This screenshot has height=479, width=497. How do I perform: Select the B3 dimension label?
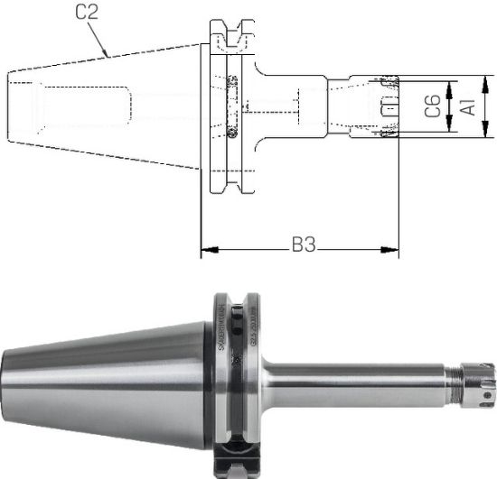pos(303,245)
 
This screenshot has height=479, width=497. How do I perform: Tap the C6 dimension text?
pos(433,107)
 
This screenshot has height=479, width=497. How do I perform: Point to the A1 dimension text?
pos(468,107)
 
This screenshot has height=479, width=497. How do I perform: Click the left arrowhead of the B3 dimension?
pos(205,248)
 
